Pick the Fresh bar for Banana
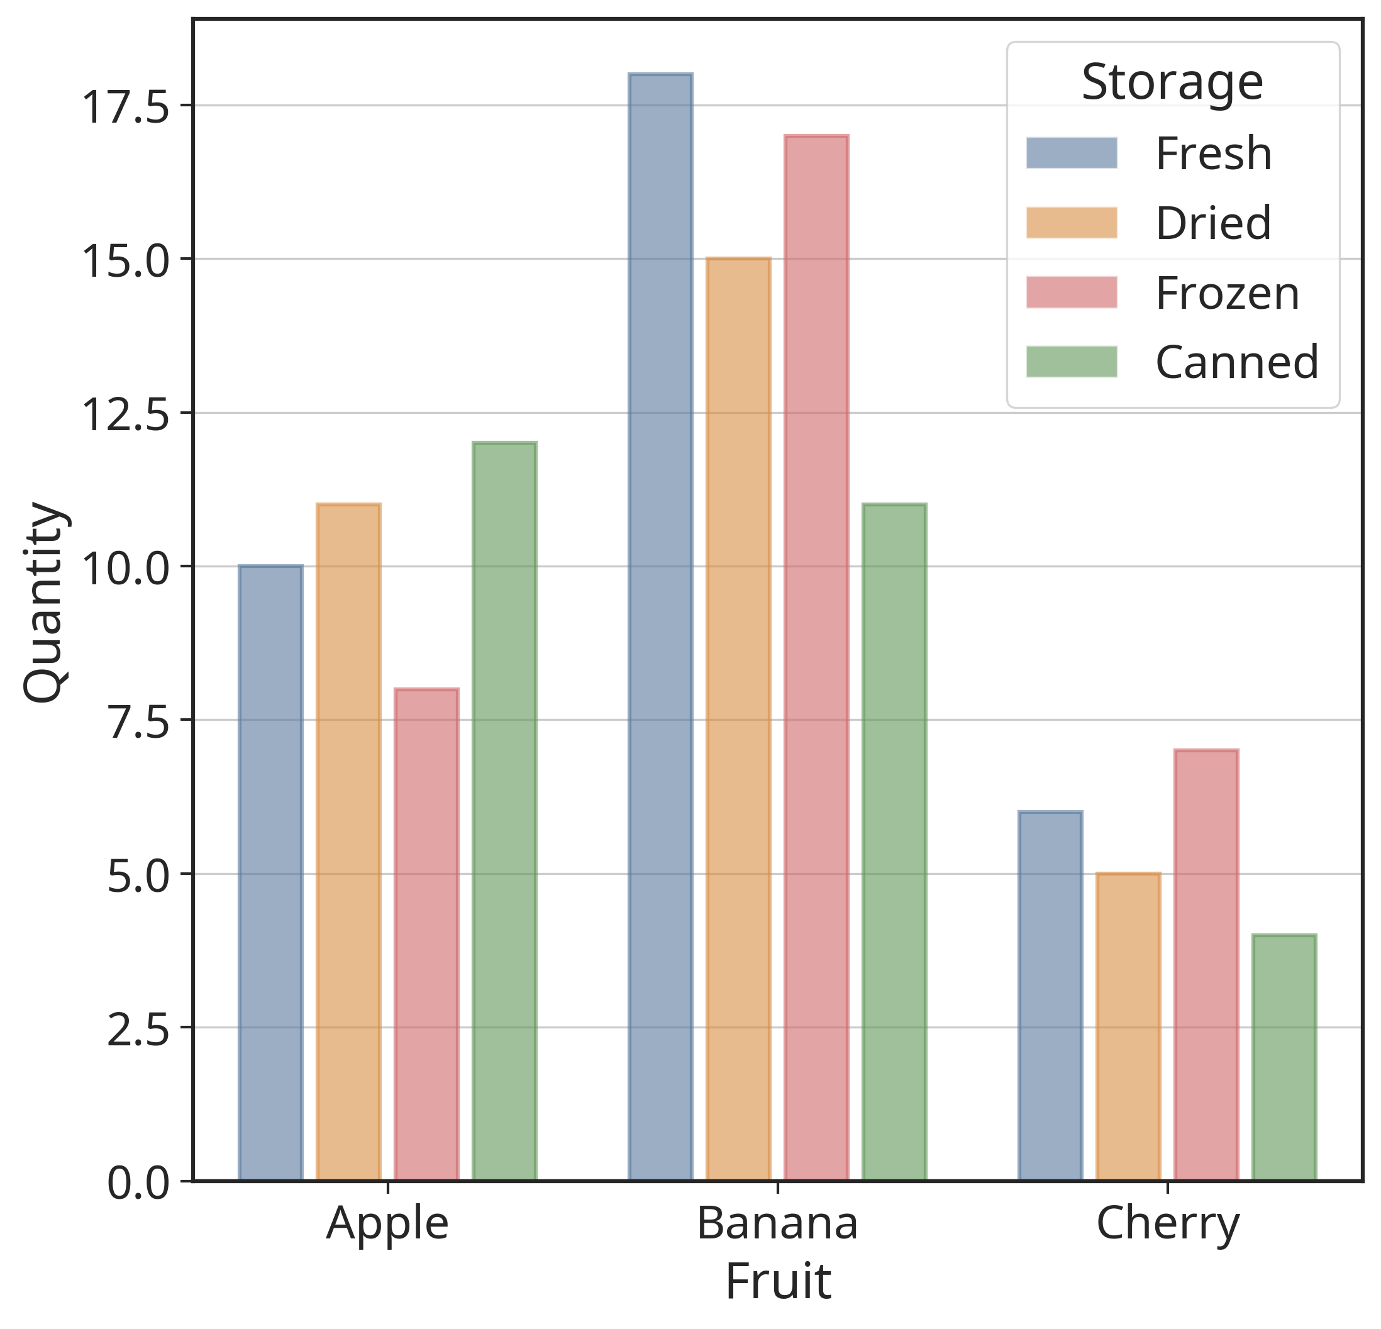tap(660, 626)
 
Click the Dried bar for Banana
tap(738, 719)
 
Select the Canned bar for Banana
tap(894, 842)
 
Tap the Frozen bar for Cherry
tap(1206, 965)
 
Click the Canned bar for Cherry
tap(1284, 1058)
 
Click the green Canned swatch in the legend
tap(1071, 362)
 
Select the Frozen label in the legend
tap(1227, 293)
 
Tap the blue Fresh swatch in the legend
tap(1071, 153)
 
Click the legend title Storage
tap(1172, 82)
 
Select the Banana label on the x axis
tap(777, 1223)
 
